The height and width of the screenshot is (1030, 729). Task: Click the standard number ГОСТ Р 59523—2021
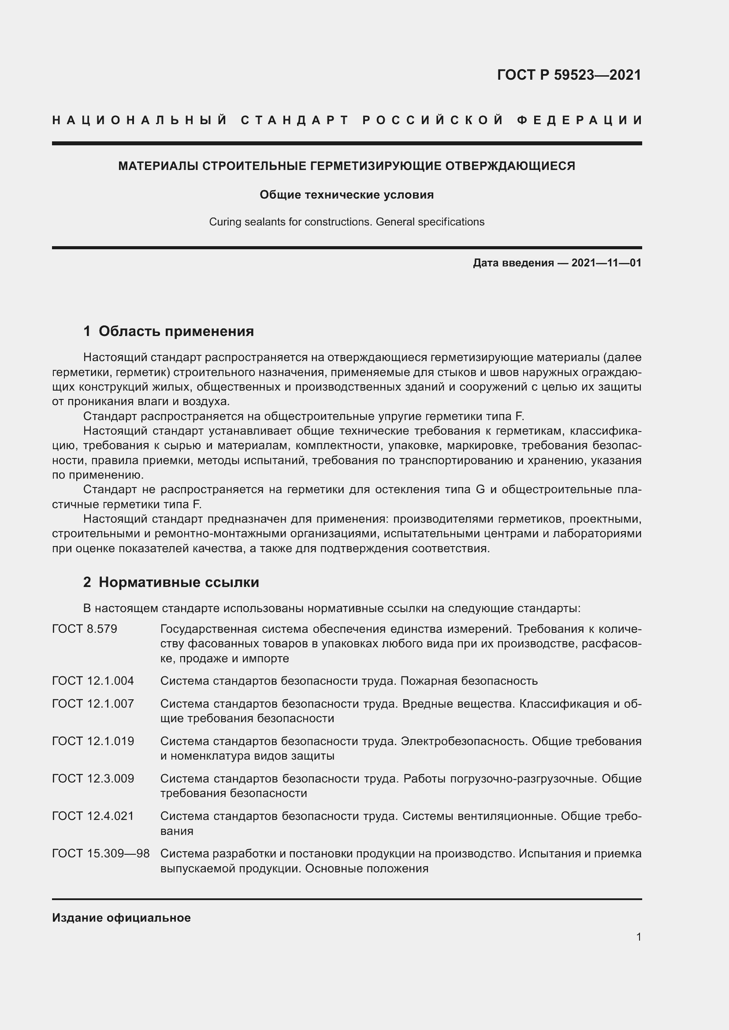569,75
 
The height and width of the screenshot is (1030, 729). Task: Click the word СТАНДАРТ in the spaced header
295,120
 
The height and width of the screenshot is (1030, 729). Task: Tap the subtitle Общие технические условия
346,195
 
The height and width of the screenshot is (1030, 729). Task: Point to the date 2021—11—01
606,263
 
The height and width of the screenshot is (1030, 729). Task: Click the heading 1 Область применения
168,332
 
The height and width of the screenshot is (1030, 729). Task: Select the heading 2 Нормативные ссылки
171,582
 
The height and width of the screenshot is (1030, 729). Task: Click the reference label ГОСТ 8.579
84,629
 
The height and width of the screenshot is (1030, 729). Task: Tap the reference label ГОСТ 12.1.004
93,681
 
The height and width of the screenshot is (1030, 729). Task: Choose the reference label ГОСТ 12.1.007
93,703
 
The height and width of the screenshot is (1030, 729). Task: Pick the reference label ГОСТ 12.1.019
93,741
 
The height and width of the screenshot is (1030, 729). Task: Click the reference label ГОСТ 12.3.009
93,778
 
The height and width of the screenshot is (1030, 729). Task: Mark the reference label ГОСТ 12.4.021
93,816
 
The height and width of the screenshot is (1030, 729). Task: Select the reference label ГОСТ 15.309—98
100,853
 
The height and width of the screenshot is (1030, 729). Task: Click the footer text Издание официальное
121,918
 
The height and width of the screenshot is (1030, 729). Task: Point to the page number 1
638,937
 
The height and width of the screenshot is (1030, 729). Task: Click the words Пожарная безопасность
469,681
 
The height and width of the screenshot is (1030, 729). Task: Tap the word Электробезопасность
464,741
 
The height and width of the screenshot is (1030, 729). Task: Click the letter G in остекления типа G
480,489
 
